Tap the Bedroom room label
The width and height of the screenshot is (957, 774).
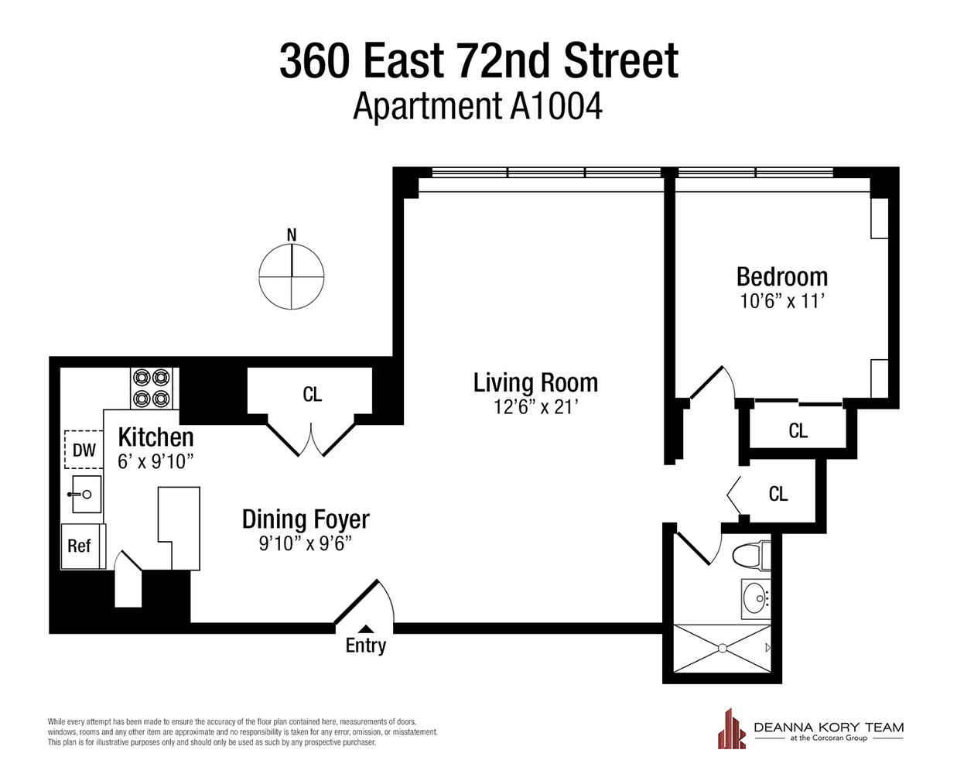(781, 276)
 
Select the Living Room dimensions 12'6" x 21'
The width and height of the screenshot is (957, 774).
(535, 406)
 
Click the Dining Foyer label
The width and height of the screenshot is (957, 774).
(306, 519)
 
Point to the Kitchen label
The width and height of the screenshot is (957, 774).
(156, 437)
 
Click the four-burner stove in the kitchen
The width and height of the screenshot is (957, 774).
(151, 388)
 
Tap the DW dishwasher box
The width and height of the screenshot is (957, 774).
(84, 450)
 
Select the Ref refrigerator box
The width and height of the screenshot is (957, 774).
(80, 546)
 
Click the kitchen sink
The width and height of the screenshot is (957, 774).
(86, 494)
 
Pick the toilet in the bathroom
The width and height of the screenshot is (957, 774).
(750, 554)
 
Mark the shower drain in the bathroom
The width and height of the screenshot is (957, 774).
(723, 648)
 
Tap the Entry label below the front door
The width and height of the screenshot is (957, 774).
(366, 646)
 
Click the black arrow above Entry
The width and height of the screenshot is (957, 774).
(366, 628)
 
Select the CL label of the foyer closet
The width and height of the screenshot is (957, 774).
(312, 395)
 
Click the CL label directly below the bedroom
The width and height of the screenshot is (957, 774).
(798, 430)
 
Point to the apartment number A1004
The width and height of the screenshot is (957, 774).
(555, 106)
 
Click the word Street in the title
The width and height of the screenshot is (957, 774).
(621, 61)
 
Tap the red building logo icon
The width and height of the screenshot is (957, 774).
(730, 729)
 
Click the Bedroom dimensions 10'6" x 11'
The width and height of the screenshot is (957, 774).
(781, 301)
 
